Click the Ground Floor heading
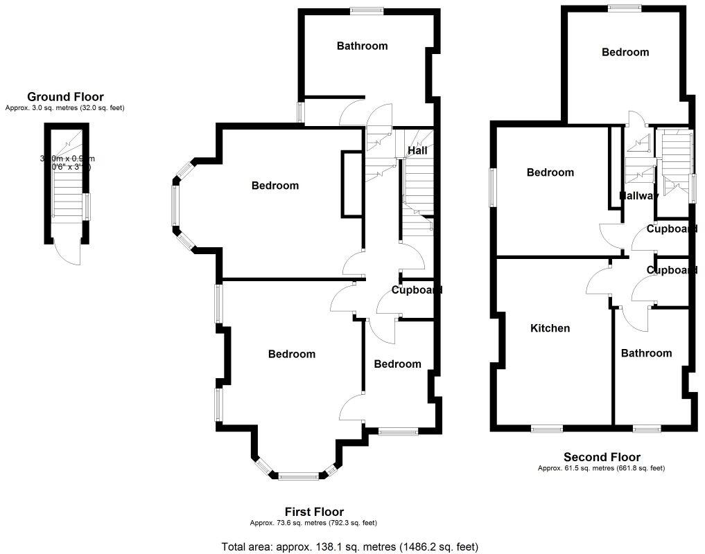65,97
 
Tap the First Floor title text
314,512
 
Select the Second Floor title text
601,457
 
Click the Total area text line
349,546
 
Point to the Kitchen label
550,328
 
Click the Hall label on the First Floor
417,150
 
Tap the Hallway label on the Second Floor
638,196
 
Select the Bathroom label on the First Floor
362,46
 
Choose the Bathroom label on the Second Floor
646,353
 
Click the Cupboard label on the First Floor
417,290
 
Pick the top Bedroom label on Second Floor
625,52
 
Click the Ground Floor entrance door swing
69,254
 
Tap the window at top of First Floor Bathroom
367,10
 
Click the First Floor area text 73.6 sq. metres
313,523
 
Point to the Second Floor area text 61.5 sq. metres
601,468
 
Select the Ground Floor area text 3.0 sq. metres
65,108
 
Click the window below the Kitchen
547,429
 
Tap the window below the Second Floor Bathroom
647,429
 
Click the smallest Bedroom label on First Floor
397,364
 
